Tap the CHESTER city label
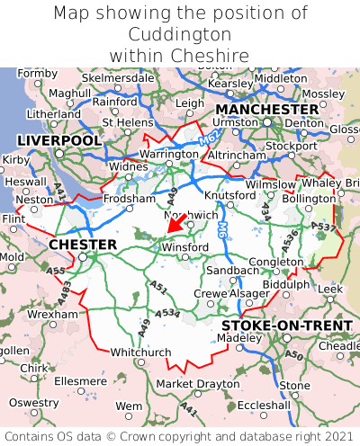tap(82, 245)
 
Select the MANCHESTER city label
tap(267, 109)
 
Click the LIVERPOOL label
tap(59, 141)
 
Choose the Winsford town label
tap(186, 247)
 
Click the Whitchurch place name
tap(139, 352)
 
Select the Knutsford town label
tap(230, 195)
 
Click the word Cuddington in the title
tap(180, 34)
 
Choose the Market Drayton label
tap(198, 384)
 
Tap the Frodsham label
tap(129, 199)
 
